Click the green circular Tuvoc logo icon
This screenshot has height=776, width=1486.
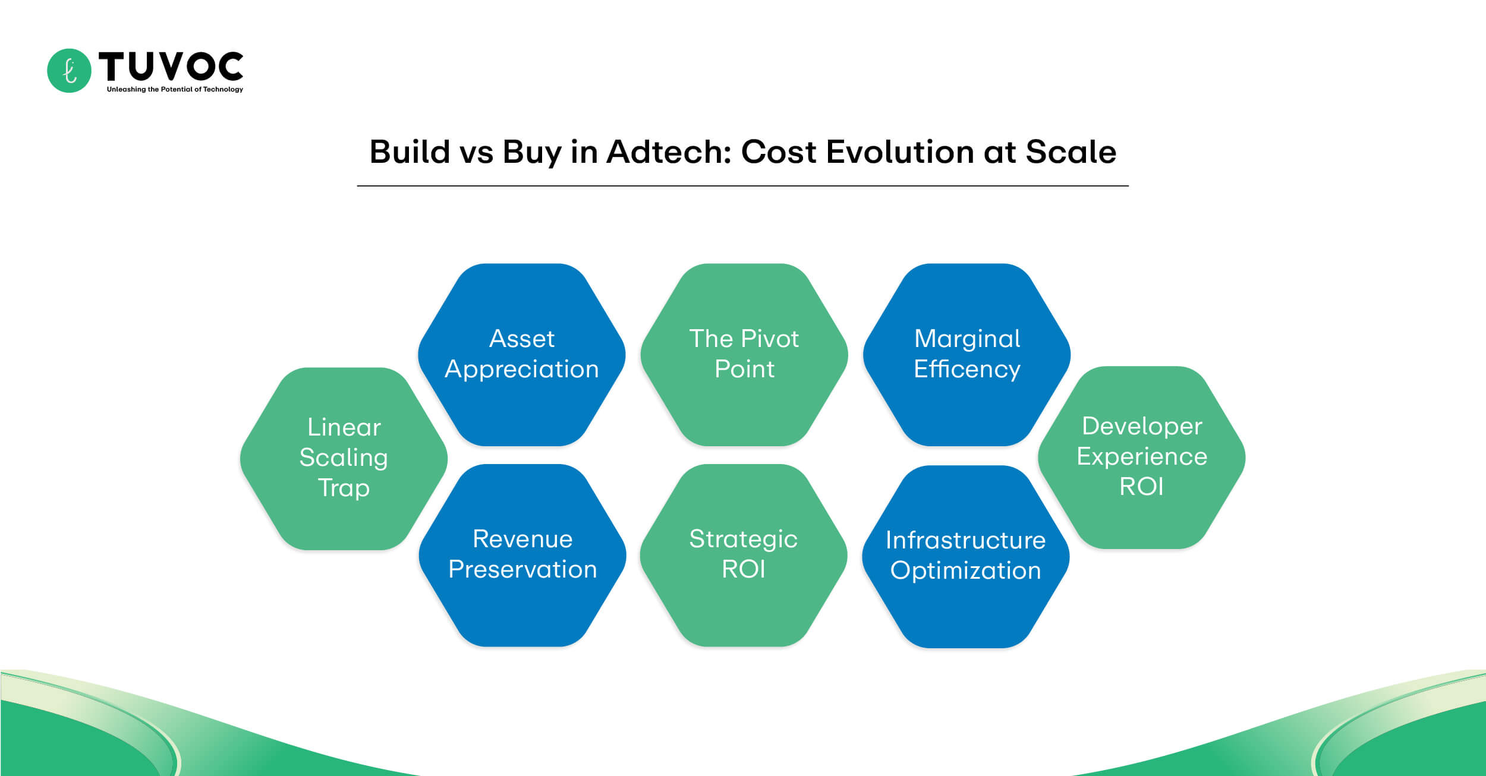(69, 71)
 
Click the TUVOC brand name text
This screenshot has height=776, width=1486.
(171, 66)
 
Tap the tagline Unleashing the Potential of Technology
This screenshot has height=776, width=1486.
(175, 90)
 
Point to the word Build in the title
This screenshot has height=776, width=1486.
(410, 152)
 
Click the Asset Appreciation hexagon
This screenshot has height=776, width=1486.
(521, 355)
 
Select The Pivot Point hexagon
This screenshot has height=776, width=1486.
(744, 355)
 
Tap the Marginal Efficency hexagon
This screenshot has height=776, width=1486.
(966, 355)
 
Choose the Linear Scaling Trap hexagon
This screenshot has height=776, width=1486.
(344, 458)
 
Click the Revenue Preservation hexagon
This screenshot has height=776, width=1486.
(522, 555)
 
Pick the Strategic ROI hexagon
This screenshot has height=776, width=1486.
(743, 555)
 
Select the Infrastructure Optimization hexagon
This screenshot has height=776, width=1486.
(965, 556)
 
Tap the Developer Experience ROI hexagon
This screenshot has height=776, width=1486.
(1141, 457)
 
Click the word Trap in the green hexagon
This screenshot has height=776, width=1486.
(344, 488)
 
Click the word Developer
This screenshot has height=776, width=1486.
(1141, 427)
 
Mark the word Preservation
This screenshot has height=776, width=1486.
(522, 570)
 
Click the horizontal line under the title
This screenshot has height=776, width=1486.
(742, 186)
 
